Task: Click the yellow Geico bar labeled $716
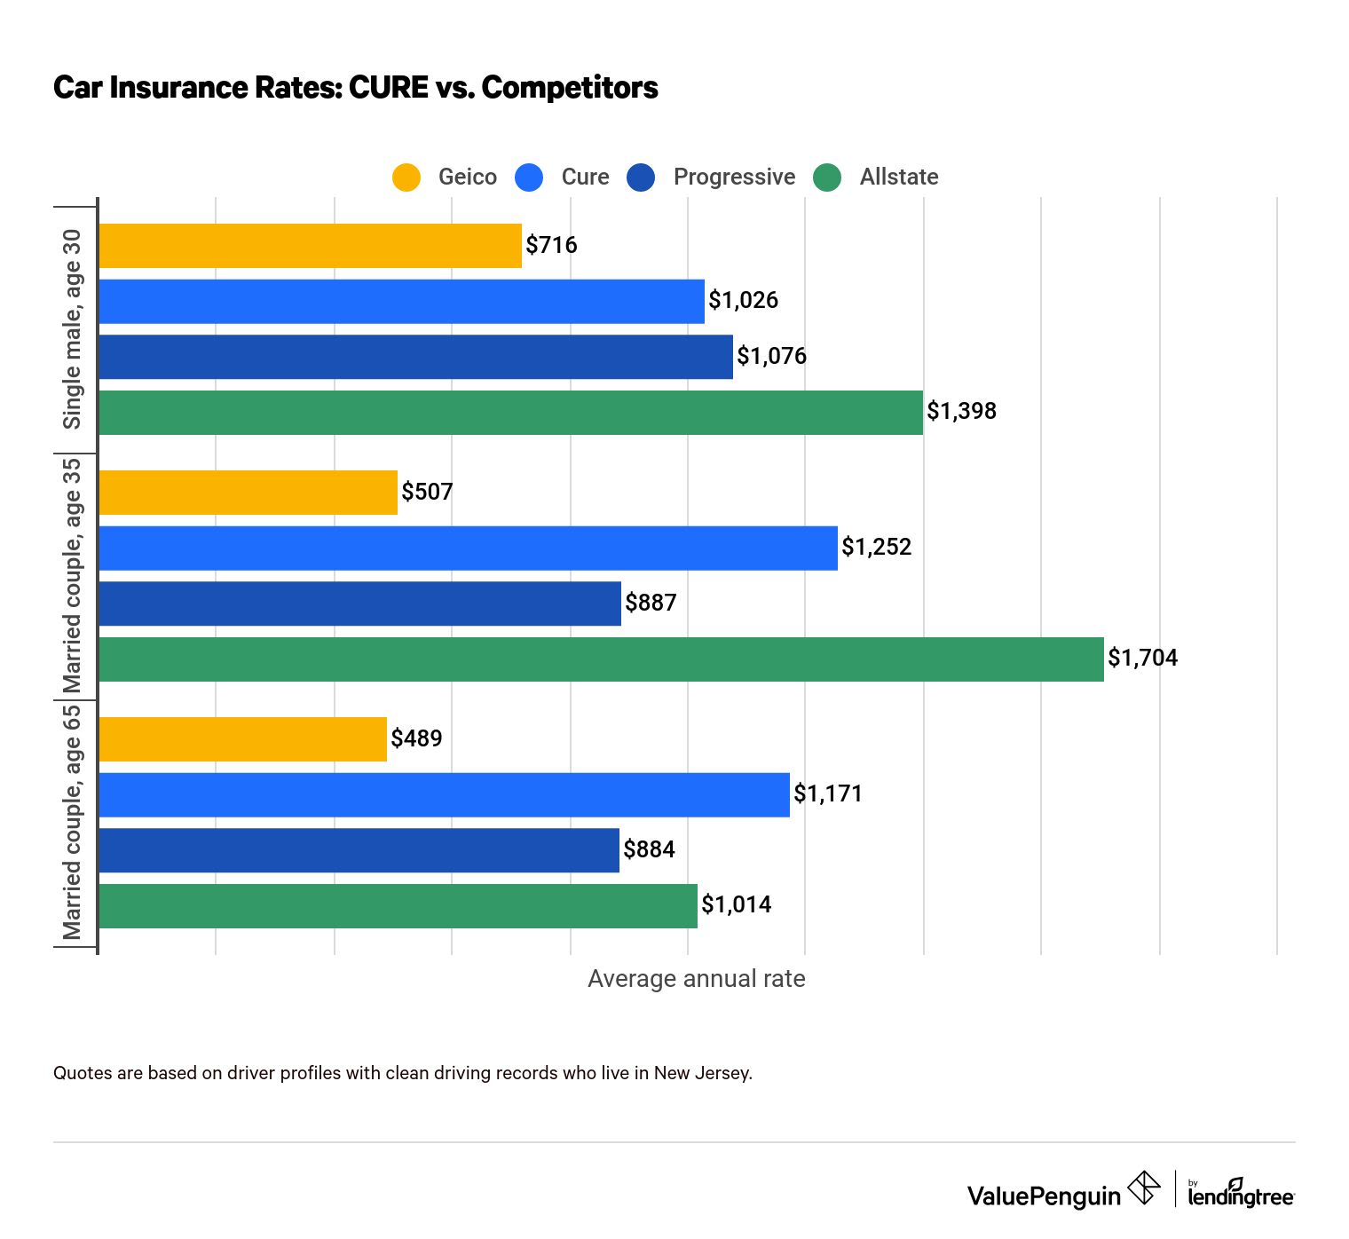coord(310,246)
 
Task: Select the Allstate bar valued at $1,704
coord(601,659)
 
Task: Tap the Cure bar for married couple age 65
coord(444,795)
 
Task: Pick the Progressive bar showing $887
coord(359,604)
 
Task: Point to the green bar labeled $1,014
coord(398,906)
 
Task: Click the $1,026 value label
coord(743,301)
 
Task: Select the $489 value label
coord(416,738)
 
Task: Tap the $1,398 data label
coord(961,412)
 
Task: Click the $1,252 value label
coord(876,548)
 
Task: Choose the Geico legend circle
coord(406,178)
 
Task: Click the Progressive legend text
coord(734,178)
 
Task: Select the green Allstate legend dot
coord(827,178)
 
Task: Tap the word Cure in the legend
coord(585,178)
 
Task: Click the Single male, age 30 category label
coord(72,329)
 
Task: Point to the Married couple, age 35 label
coord(72,575)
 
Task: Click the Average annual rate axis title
coord(696,979)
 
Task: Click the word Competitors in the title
coord(570,88)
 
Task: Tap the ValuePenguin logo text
coord(1044,1196)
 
